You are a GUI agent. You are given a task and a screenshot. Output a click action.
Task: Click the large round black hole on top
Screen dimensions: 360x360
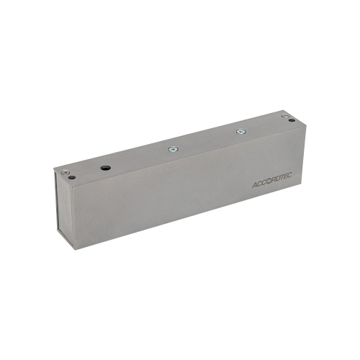[106, 166]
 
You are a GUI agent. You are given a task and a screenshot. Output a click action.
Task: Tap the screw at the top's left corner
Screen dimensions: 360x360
[66, 171]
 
